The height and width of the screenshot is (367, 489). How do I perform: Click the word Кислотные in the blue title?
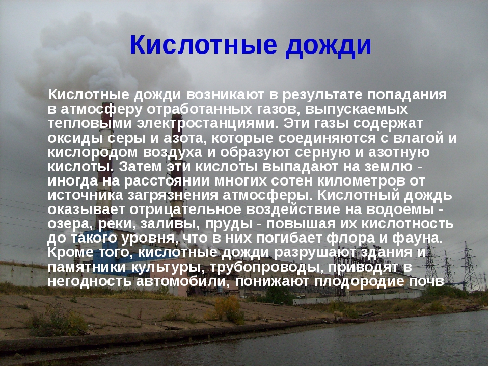pos(203,45)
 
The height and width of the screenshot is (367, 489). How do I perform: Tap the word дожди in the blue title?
pos(328,46)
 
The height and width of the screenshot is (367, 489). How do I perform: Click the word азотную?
pos(399,153)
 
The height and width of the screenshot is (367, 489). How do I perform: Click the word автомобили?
pos(183,282)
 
